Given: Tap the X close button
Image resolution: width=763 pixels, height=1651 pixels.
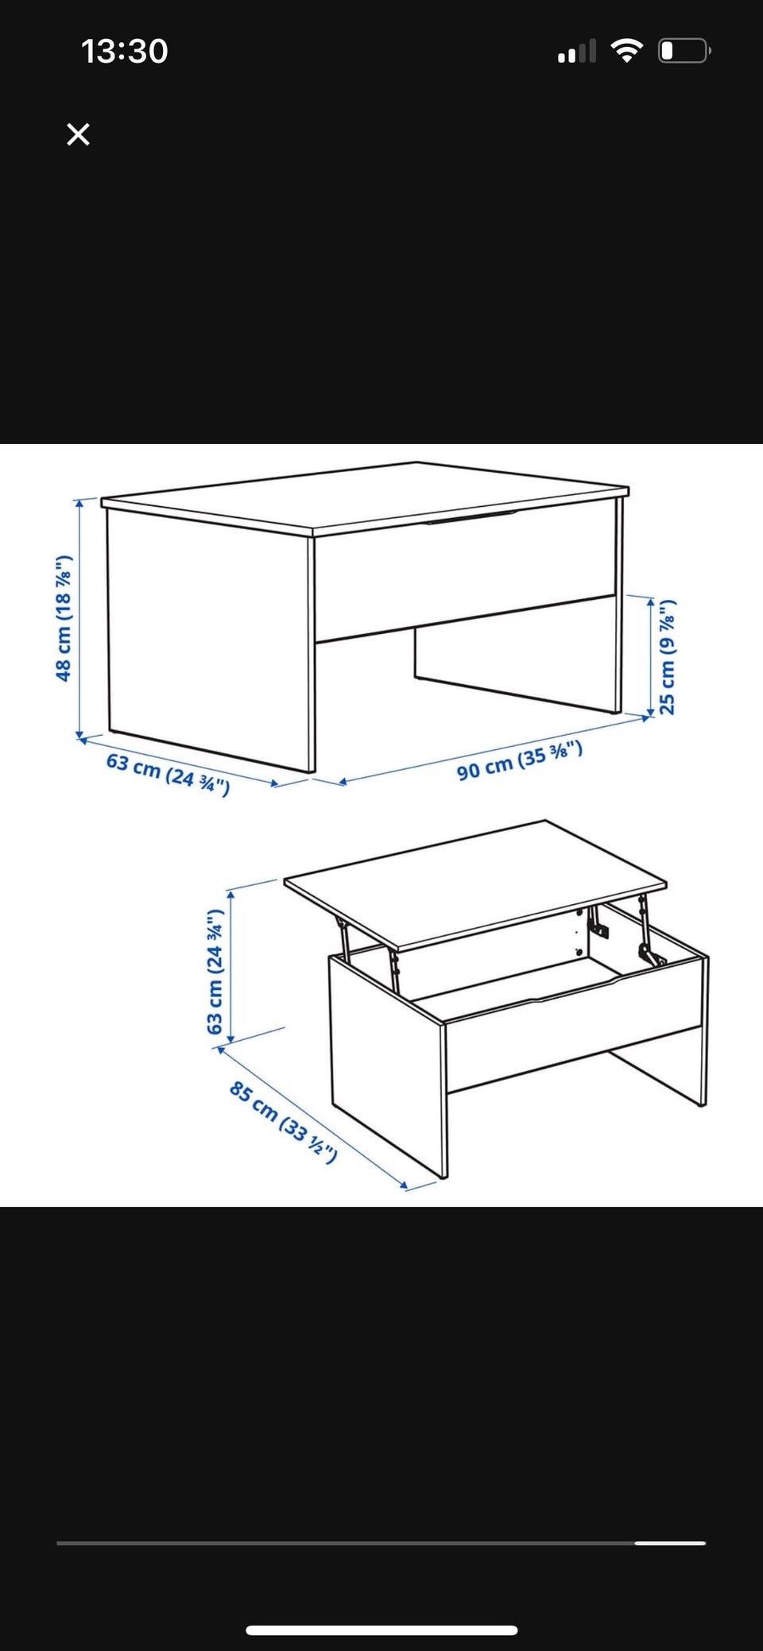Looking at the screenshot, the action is [78, 134].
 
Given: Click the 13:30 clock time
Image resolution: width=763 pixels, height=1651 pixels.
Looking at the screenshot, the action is [124, 52].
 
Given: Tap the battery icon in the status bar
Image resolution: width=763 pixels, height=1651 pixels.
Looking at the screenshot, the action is [684, 51].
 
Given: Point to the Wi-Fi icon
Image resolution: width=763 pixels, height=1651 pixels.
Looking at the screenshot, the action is [626, 51].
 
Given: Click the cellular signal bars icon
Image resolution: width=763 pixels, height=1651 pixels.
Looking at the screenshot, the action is [577, 52].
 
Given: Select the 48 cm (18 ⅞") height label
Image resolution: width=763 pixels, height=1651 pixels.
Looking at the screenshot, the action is [64, 618].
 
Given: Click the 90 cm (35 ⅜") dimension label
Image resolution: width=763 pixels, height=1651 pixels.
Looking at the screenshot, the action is [520, 760].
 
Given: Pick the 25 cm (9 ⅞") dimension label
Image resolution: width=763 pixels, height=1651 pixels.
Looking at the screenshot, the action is [667, 656].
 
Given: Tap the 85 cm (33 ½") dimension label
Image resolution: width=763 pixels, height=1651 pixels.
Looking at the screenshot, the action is [283, 1121].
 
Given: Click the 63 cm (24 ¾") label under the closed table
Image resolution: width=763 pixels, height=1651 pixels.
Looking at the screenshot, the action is [168, 774].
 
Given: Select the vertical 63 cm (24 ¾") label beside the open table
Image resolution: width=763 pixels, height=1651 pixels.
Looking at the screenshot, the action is [215, 972].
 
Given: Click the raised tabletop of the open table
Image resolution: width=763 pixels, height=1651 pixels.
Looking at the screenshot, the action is [475, 884].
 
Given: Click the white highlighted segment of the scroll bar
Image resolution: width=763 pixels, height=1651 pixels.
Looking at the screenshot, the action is [670, 1543].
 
